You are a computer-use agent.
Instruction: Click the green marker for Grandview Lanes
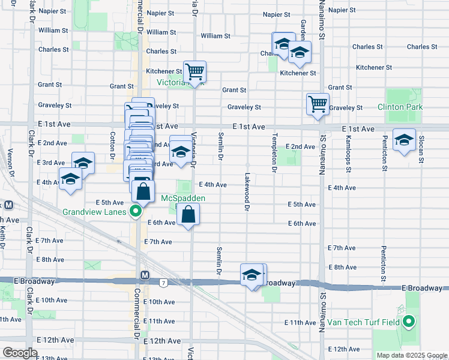pos(136,211)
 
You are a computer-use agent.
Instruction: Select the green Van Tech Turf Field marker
pos(409,322)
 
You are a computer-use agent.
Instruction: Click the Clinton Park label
pos(400,107)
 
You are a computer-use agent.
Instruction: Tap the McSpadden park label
pos(183,198)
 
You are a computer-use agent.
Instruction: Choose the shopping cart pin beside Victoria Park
pos(194,73)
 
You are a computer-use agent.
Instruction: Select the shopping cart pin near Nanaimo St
pos(317,103)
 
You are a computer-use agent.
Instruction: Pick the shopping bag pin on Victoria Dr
pos(188,214)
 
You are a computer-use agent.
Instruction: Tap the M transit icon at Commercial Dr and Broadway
pos(145,275)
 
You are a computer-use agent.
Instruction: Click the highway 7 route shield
pos(163,281)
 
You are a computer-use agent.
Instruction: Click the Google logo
pos(20,353)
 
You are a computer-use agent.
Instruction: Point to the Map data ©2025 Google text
pos(412,355)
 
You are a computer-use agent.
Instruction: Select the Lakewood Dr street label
pos(247,192)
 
